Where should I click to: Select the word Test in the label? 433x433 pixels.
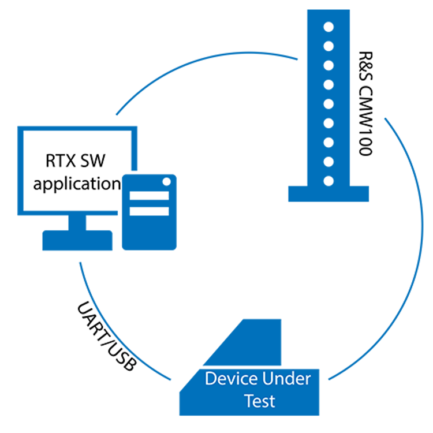coord(259,400)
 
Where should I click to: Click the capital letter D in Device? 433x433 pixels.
coord(210,379)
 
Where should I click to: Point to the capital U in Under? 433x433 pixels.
coord(267,379)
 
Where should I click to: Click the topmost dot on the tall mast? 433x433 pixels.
coord(329,27)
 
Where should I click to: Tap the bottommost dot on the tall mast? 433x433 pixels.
coord(329,181)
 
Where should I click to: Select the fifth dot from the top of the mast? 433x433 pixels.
coord(329,104)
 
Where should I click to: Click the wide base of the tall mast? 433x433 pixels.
coord(329,194)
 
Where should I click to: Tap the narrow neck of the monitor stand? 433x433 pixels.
coord(77,222)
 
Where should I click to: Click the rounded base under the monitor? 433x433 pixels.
coord(77,240)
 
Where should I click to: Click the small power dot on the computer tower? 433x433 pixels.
coord(167,181)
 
